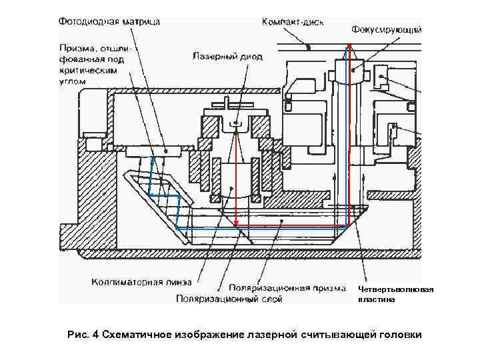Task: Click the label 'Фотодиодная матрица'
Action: pos(109,21)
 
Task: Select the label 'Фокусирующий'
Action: pos(386,30)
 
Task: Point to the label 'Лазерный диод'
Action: pos(223,57)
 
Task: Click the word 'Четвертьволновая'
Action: pos(395,289)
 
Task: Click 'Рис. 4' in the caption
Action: pos(83,333)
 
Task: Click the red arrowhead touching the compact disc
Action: pos(348,48)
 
